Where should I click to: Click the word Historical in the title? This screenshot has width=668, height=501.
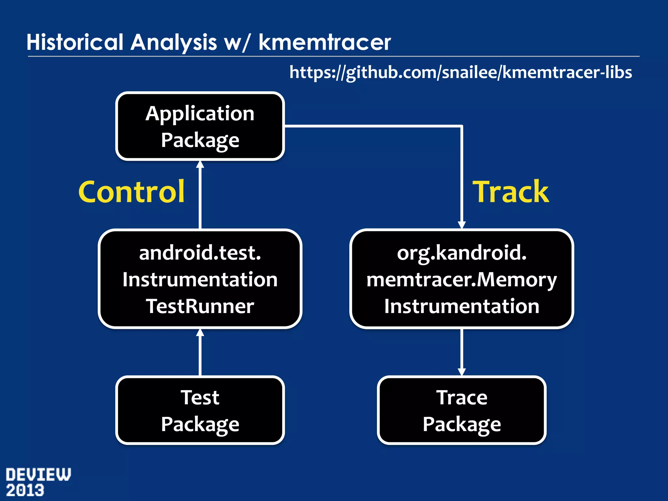[75, 42]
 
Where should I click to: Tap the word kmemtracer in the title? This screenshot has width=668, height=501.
[325, 42]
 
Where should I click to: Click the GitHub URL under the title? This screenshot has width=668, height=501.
[460, 72]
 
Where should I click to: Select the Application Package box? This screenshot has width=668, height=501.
[200, 126]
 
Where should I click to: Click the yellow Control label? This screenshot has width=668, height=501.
[131, 192]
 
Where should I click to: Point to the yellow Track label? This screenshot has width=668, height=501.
[511, 192]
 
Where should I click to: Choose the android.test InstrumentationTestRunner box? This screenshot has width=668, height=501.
[200, 279]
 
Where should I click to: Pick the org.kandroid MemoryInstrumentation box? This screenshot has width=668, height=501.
[462, 279]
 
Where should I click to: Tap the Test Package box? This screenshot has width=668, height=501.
[200, 410]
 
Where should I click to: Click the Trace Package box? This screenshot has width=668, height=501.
[462, 410]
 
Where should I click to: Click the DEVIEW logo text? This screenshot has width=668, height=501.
[38, 475]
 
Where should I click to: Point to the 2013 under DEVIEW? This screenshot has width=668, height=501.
[25, 491]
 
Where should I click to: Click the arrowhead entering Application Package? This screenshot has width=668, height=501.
[200, 164]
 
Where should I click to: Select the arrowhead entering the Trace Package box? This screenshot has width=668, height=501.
[462, 372]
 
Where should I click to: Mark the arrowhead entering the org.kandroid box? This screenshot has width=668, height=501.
[462, 225]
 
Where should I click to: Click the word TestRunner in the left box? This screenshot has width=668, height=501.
[200, 306]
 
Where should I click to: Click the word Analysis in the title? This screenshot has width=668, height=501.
[174, 42]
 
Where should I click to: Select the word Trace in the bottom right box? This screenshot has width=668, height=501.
[462, 398]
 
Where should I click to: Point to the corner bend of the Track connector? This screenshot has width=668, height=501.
[462, 126]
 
